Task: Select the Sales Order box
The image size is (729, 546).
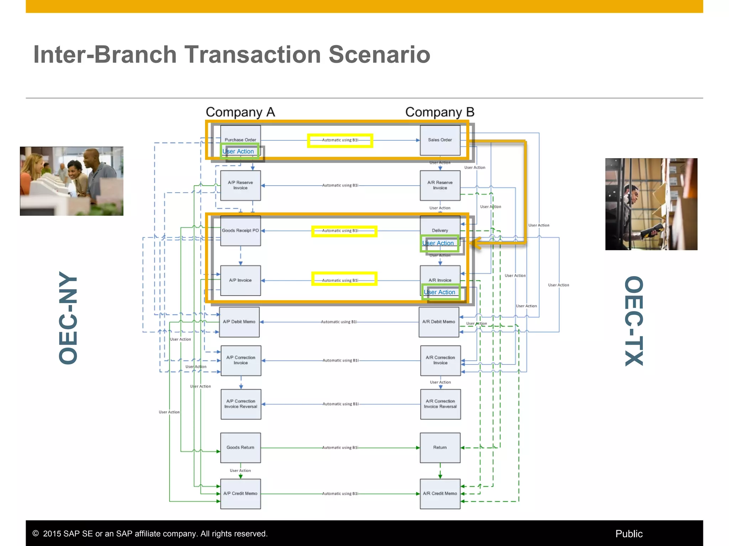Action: (440, 140)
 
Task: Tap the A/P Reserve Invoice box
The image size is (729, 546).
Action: (240, 185)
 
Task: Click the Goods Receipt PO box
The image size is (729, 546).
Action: (240, 231)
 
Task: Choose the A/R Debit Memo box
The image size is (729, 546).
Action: (439, 322)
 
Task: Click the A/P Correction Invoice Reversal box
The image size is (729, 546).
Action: (241, 404)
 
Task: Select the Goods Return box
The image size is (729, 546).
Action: (240, 448)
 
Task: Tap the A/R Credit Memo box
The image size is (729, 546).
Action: (440, 493)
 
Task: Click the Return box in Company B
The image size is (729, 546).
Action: (440, 448)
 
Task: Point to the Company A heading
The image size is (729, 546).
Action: (240, 112)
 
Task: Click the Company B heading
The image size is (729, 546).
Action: (440, 112)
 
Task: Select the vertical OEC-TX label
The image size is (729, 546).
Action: (634, 321)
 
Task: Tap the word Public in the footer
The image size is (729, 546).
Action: (629, 534)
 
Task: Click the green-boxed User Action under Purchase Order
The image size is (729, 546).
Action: (238, 151)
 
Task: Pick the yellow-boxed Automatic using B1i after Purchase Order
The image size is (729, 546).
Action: (340, 140)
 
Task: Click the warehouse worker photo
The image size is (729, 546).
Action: (651, 204)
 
